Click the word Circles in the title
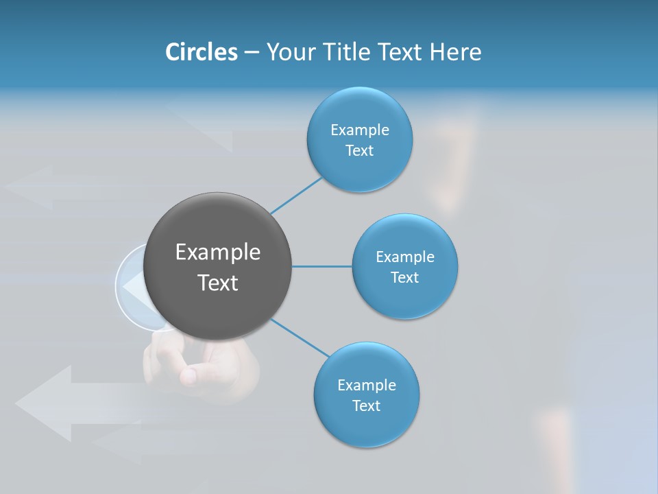tap(202, 52)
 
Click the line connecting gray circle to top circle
tap(296, 195)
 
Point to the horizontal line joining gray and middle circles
tap(321, 266)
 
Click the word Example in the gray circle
tap(218, 252)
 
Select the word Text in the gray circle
tap(218, 283)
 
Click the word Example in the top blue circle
tap(359, 130)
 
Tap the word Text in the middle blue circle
tap(404, 277)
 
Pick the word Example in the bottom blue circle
tap(366, 385)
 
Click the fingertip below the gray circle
tap(188, 375)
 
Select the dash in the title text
tap(252, 52)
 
